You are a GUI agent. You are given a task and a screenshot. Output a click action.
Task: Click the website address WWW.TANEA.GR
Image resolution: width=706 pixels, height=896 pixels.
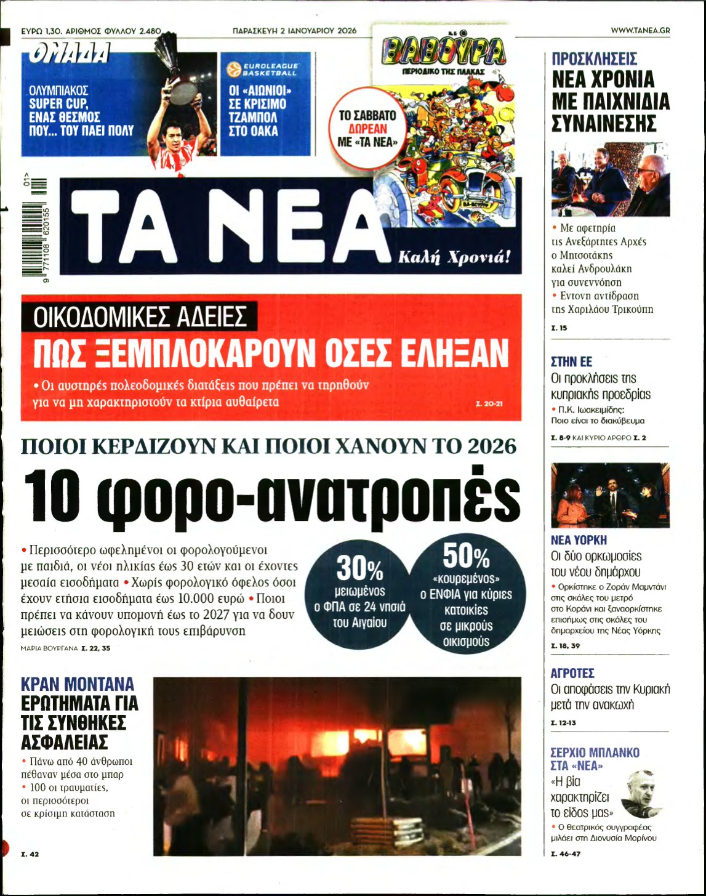[x=640, y=30]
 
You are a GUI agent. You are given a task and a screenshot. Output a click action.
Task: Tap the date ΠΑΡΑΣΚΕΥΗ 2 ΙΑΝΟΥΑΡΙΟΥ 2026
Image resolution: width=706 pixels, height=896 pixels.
[x=294, y=30]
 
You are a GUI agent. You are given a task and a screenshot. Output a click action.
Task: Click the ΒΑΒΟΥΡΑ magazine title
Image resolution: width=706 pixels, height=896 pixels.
[x=443, y=52]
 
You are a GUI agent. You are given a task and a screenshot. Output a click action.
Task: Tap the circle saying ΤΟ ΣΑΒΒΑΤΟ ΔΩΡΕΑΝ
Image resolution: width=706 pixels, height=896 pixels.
[x=367, y=129]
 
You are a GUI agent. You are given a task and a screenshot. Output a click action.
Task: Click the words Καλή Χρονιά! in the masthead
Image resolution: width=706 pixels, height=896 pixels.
[x=454, y=257]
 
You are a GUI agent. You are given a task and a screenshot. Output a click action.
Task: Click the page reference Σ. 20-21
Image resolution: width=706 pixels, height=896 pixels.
[x=489, y=405]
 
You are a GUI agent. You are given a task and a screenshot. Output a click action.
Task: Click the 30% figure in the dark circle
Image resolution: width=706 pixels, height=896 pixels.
[x=359, y=568]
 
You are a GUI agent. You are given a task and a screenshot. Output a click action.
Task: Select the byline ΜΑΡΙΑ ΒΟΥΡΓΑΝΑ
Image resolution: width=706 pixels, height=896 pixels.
[x=49, y=648]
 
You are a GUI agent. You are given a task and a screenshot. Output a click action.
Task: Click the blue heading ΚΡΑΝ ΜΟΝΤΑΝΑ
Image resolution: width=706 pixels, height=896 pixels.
[x=78, y=684]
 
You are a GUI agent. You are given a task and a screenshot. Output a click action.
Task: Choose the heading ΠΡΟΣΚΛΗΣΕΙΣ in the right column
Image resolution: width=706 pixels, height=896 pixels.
[x=594, y=59]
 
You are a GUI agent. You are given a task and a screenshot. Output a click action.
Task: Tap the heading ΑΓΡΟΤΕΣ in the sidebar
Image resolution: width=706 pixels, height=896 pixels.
[x=572, y=673]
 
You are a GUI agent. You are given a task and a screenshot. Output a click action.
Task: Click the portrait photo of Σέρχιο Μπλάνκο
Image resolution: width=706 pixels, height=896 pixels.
[x=641, y=794]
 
